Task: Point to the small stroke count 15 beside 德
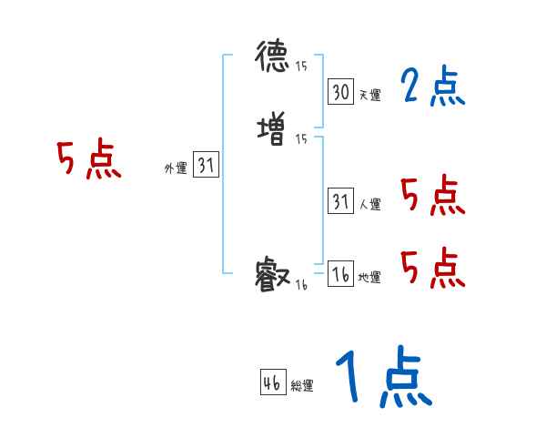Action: [x=301, y=66]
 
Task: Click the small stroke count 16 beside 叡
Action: [x=301, y=285]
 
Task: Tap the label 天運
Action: [x=370, y=95]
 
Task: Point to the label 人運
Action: [x=370, y=205]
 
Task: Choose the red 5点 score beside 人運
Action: [x=432, y=195]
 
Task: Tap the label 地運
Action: [x=370, y=278]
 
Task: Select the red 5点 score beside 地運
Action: [x=432, y=267]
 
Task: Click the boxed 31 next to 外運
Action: [x=207, y=165]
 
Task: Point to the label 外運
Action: [x=176, y=168]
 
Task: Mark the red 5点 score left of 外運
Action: [x=88, y=161]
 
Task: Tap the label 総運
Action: [x=302, y=386]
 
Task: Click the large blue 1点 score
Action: [x=382, y=378]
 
